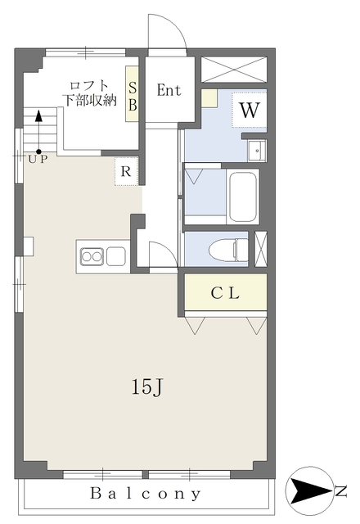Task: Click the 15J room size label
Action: click(x=147, y=387)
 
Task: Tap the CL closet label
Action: click(x=225, y=293)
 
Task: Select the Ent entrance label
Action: click(x=169, y=90)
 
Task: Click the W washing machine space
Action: click(x=250, y=110)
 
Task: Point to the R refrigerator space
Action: click(x=126, y=171)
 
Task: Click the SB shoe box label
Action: click(x=133, y=97)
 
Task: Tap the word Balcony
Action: click(x=146, y=494)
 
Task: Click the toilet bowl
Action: click(x=228, y=249)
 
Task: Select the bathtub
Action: click(x=243, y=196)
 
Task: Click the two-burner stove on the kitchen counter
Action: click(x=91, y=256)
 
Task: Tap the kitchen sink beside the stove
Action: click(x=116, y=256)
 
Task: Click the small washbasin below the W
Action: click(x=257, y=151)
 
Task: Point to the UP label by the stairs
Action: click(x=38, y=160)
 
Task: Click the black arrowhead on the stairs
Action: click(x=39, y=116)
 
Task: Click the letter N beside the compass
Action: click(x=340, y=490)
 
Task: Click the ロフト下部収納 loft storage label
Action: click(x=91, y=93)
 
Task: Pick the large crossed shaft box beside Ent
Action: click(x=234, y=69)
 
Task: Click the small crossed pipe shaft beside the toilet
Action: click(x=261, y=249)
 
